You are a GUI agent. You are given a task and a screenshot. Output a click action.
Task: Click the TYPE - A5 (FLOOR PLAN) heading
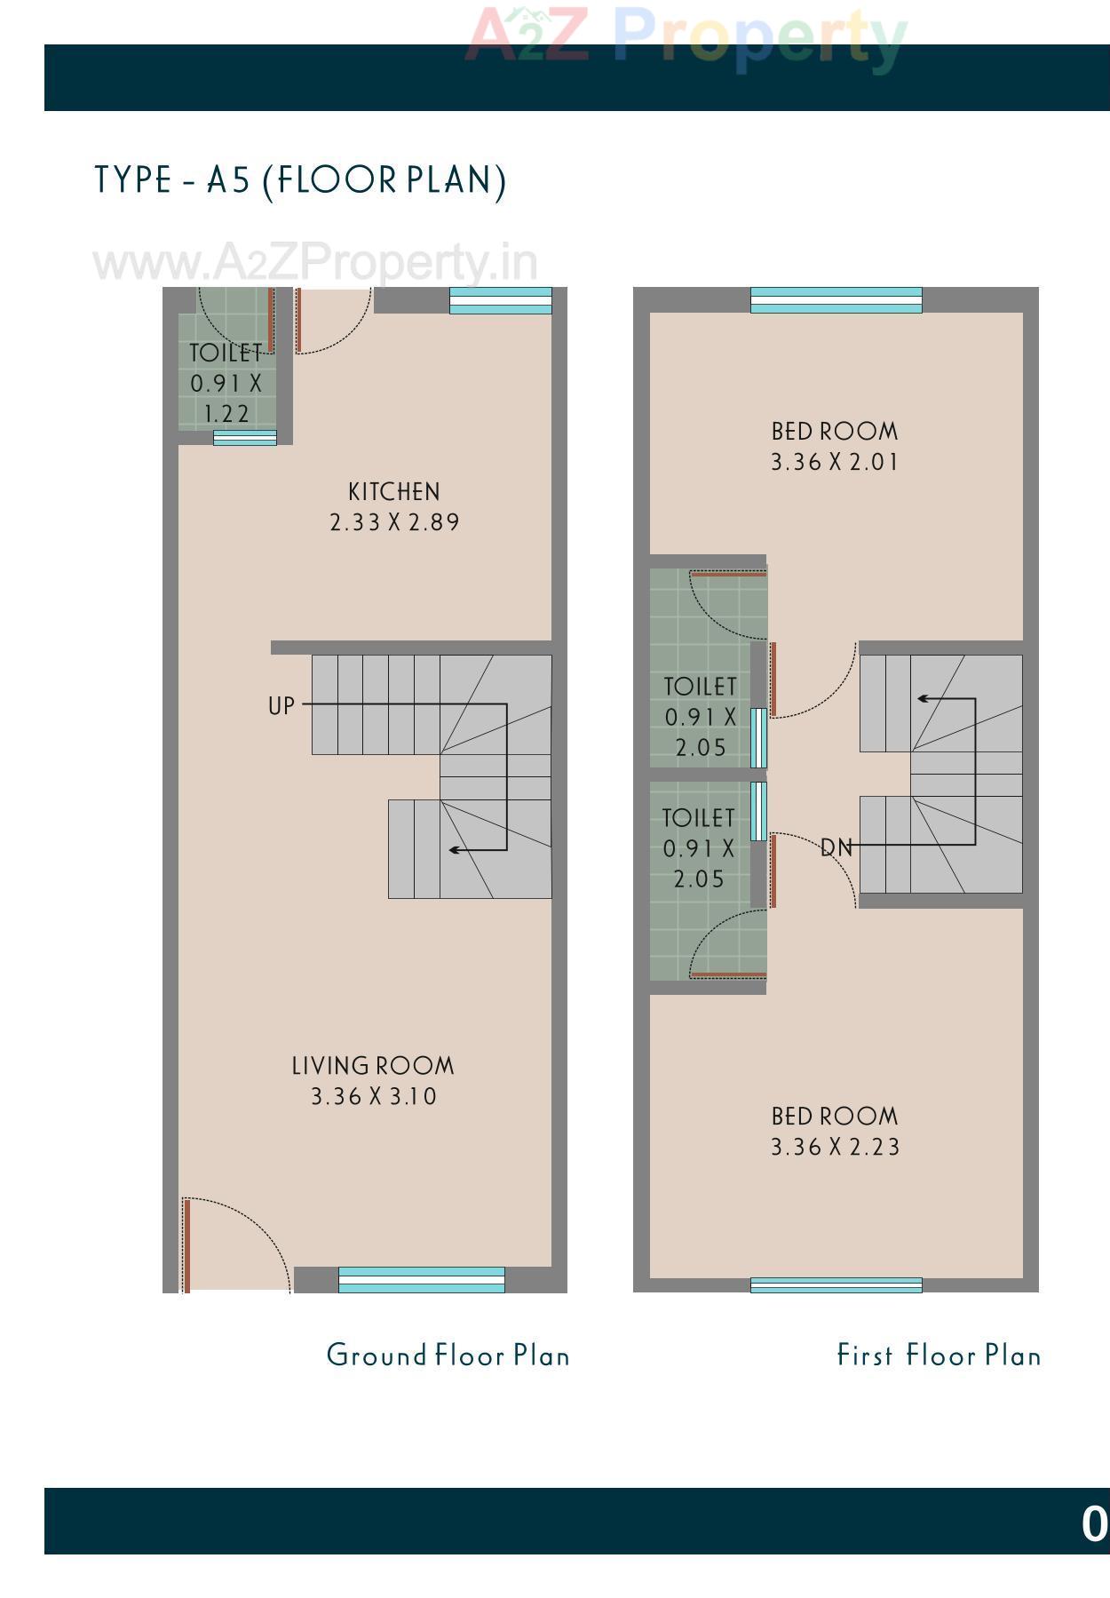pos(300,180)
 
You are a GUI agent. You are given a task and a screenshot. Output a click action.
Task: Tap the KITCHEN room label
pos(393,492)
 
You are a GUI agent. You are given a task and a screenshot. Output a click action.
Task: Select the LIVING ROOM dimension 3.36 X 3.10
pos(374,1097)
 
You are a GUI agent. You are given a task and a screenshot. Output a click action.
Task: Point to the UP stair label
pos(281,706)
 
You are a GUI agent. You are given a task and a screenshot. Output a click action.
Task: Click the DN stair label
pos(836,848)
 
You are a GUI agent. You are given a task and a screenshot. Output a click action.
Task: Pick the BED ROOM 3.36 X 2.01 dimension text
pos(834,463)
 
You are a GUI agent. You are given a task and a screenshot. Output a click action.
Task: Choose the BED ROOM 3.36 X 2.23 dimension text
pos(835,1148)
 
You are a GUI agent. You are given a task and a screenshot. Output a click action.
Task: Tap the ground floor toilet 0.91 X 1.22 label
pos(226,384)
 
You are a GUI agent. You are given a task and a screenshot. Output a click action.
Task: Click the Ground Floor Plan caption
pos(448,1356)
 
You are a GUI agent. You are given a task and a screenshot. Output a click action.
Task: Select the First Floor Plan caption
pos(939,1356)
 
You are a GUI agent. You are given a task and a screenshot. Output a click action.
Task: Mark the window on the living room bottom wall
pos(421,1280)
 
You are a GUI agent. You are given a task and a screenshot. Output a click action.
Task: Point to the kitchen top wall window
pos(500,300)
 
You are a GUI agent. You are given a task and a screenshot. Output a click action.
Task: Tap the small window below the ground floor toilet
pos(244,438)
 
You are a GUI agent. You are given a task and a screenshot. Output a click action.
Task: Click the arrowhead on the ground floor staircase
pos(454,850)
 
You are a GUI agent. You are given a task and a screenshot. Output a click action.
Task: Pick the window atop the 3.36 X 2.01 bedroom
pos(836,300)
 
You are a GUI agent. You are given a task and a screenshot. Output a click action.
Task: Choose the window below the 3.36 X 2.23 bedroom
pos(836,1284)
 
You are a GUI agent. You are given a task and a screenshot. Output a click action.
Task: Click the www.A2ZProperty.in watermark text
pos(314,263)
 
